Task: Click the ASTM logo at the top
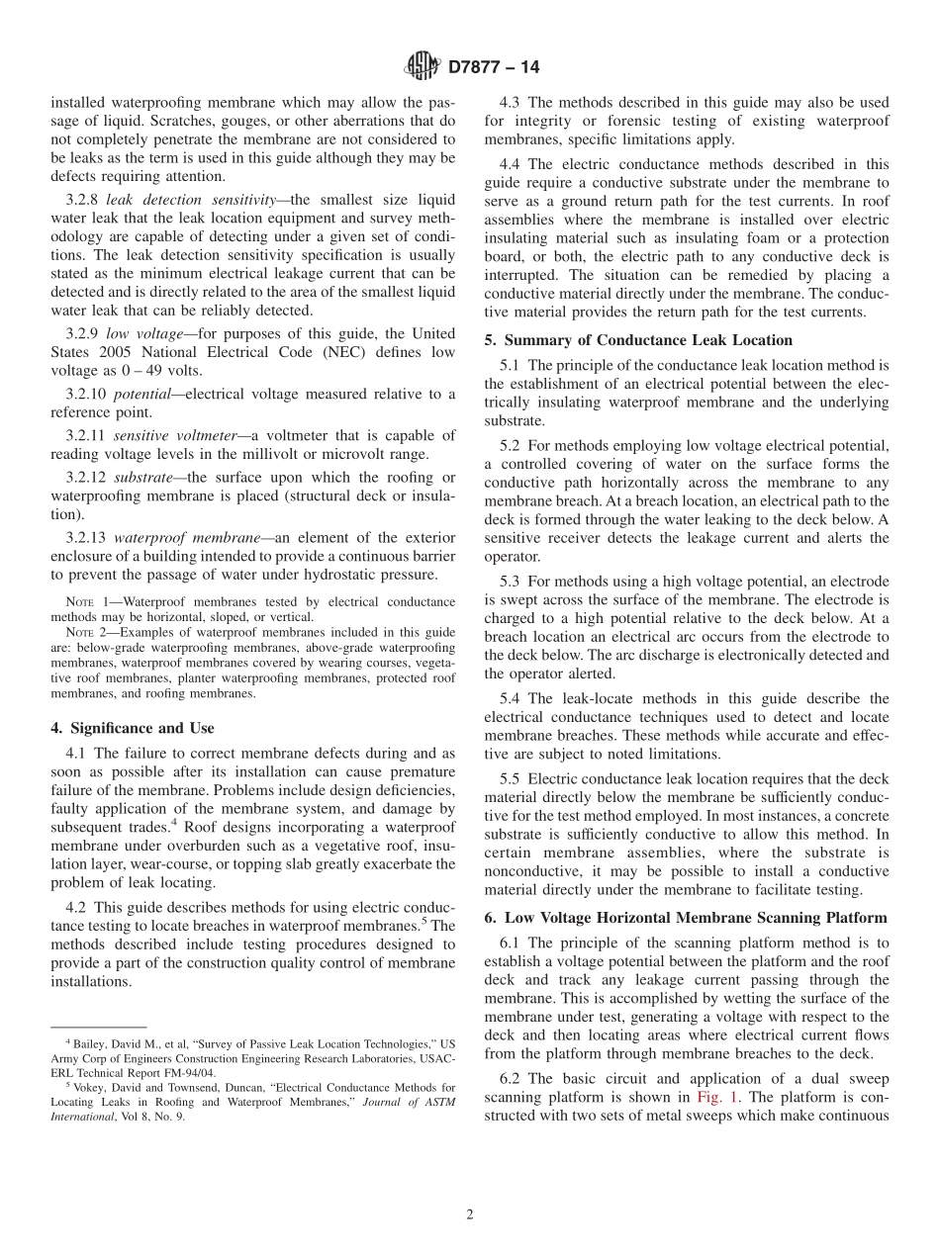tap(423, 67)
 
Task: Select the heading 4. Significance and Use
tap(132, 728)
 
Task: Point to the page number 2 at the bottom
tap(470, 1215)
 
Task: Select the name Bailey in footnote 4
tap(84, 1043)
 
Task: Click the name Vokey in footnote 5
tap(84, 1087)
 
